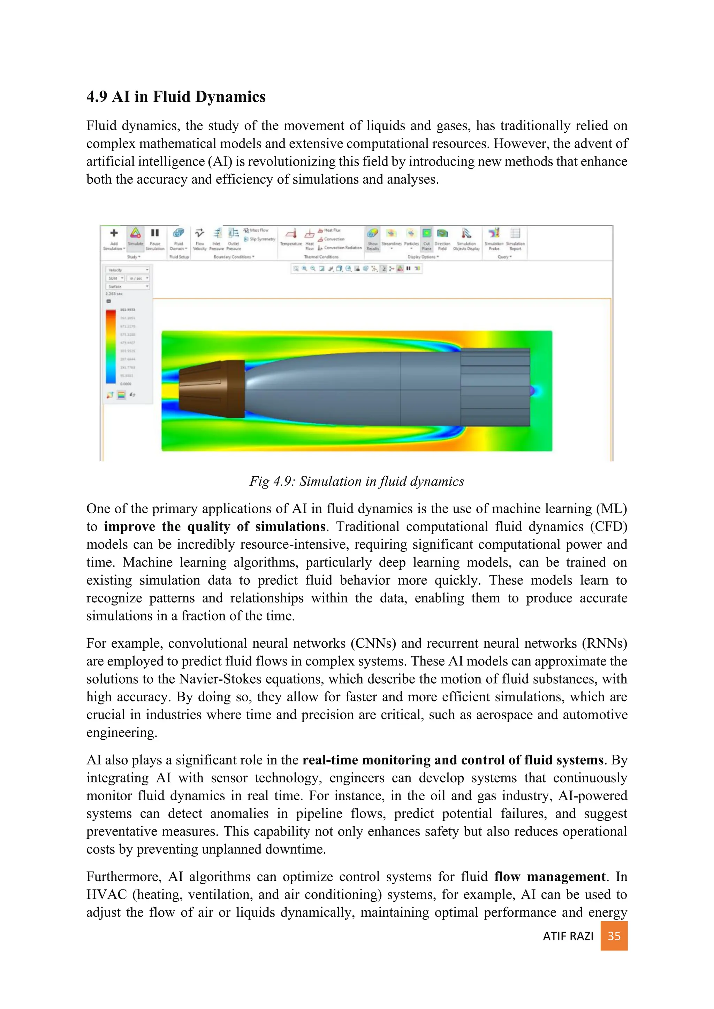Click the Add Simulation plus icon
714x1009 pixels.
coord(114,233)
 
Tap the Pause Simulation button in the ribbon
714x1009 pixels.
coord(155,233)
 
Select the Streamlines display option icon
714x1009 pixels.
coord(391,233)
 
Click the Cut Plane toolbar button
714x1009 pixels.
coord(426,233)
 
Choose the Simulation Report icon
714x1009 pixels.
coord(515,233)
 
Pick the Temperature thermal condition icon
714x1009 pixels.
coord(291,233)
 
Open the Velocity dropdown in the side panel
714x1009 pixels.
coord(128,270)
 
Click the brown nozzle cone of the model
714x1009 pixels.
coord(211,390)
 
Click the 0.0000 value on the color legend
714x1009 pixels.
coord(126,384)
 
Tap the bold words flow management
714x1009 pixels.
coord(549,877)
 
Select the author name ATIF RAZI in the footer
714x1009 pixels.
coord(568,937)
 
